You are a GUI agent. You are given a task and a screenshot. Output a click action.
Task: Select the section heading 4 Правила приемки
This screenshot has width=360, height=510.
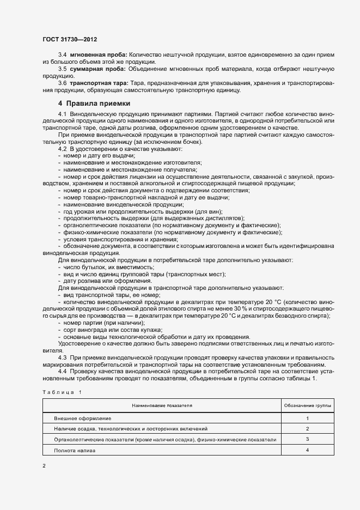94,104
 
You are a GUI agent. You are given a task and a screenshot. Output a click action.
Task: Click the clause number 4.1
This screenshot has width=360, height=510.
62,113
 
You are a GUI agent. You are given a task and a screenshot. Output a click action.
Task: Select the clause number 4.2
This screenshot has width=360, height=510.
62,149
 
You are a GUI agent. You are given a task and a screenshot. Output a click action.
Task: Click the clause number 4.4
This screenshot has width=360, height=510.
62,371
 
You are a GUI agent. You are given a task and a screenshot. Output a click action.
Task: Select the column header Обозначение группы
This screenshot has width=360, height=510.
308,406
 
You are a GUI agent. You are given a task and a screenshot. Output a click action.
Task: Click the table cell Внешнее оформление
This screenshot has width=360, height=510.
83,418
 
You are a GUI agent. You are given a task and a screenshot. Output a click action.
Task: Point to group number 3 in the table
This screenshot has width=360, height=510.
308,439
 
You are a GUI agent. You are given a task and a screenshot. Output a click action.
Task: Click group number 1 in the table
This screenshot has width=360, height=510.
308,418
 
